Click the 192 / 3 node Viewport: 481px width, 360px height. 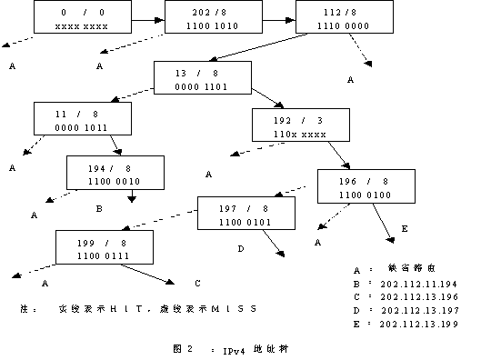pos(296,125)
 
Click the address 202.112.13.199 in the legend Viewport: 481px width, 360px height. pos(416,324)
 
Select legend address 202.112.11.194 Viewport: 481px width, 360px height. pos(416,284)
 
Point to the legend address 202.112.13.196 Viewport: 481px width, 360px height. pos(416,297)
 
